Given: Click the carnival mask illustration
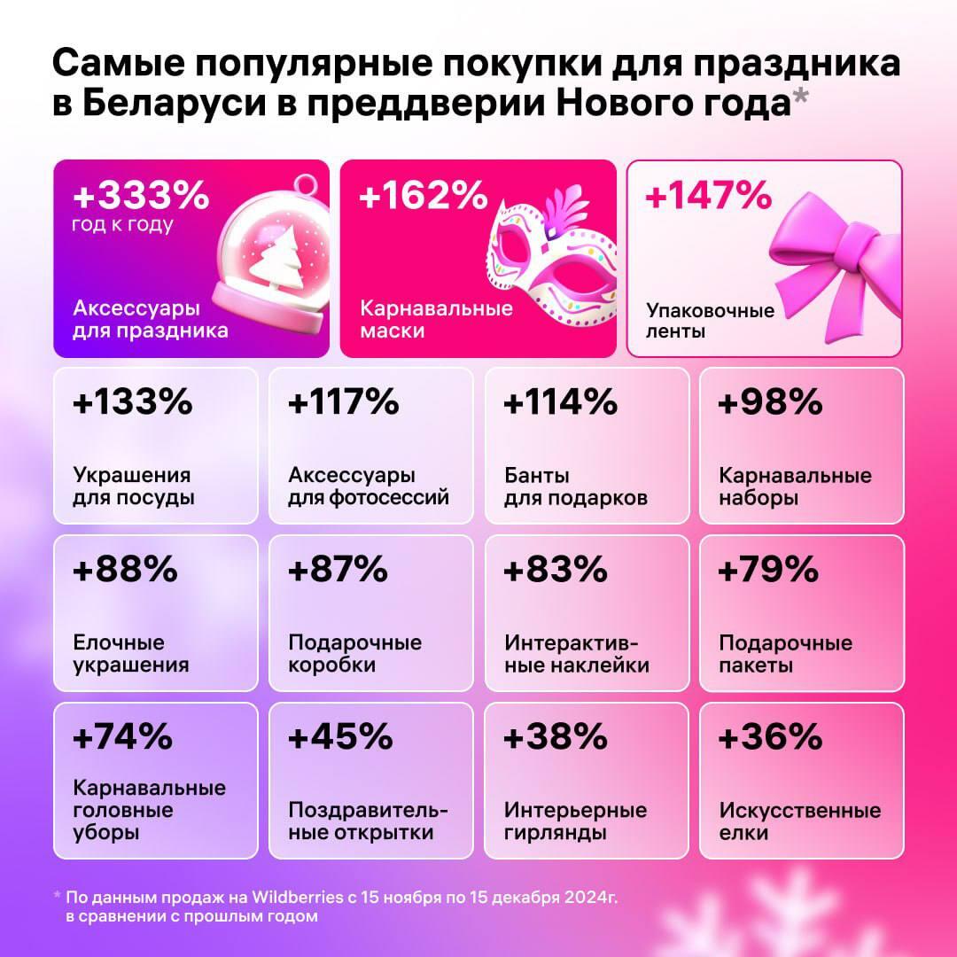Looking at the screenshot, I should tap(549, 266).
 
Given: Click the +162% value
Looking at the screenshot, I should tap(423, 195).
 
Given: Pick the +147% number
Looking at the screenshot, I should tap(709, 195).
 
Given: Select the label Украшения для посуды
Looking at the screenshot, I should tap(133, 486).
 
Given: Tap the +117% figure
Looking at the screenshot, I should tap(344, 403).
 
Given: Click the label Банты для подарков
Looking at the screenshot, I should tap(576, 486).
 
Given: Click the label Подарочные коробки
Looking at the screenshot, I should tap(354, 654).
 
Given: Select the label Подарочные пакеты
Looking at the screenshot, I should tap(785, 654).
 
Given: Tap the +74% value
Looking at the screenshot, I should tap(123, 737).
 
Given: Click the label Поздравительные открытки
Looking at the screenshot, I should tap(368, 821).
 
